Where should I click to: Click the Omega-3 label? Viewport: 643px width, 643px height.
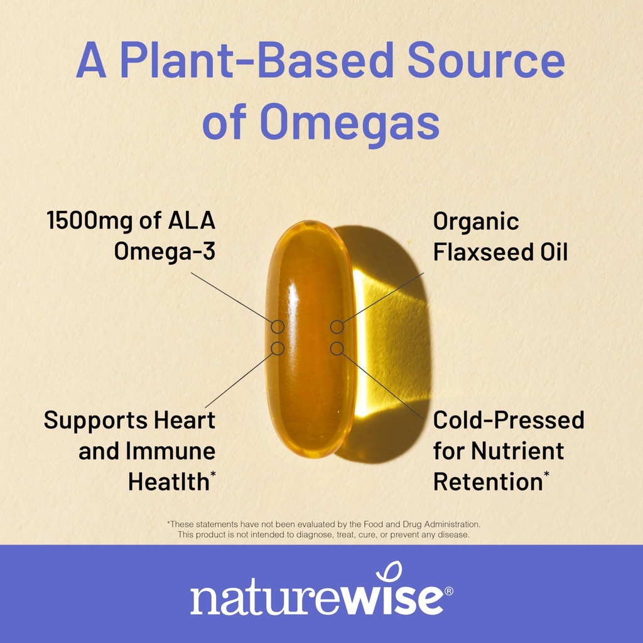pyautogui.click(x=164, y=251)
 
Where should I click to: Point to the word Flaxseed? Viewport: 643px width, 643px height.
pyautogui.click(x=483, y=252)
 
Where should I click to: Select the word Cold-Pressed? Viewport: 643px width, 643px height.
pyautogui.click(x=509, y=419)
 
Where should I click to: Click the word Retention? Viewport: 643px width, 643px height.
pyautogui.click(x=487, y=482)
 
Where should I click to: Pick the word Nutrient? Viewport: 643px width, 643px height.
pyautogui.click(x=517, y=450)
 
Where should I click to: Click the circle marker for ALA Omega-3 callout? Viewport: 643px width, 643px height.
pyautogui.click(x=278, y=327)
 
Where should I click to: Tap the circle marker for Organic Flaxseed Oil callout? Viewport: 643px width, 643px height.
pyautogui.click(x=337, y=327)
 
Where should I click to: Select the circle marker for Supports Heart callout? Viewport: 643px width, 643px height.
pyautogui.click(x=278, y=348)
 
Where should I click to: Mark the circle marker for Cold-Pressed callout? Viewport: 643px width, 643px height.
pyautogui.click(x=337, y=348)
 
